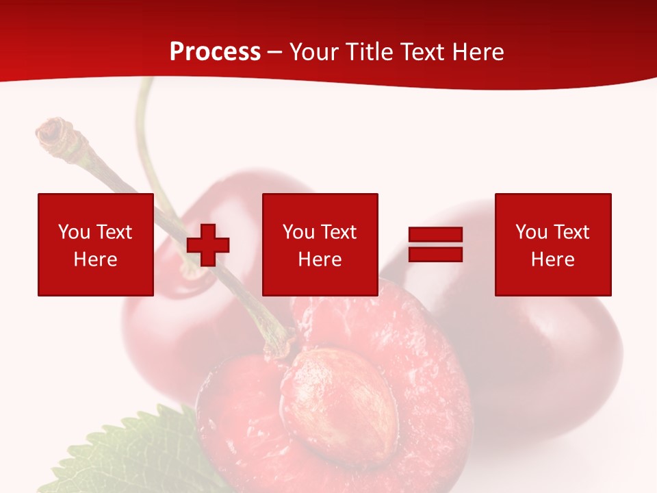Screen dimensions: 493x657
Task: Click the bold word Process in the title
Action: coord(215,52)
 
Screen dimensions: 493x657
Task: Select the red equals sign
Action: coord(435,244)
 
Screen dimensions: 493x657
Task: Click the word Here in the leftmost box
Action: coord(95,260)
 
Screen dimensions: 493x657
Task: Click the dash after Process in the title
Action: coord(274,52)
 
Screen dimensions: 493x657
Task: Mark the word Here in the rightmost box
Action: coord(552,260)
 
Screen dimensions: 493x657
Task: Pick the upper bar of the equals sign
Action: coord(435,235)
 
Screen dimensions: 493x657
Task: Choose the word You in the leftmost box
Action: coord(74,232)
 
